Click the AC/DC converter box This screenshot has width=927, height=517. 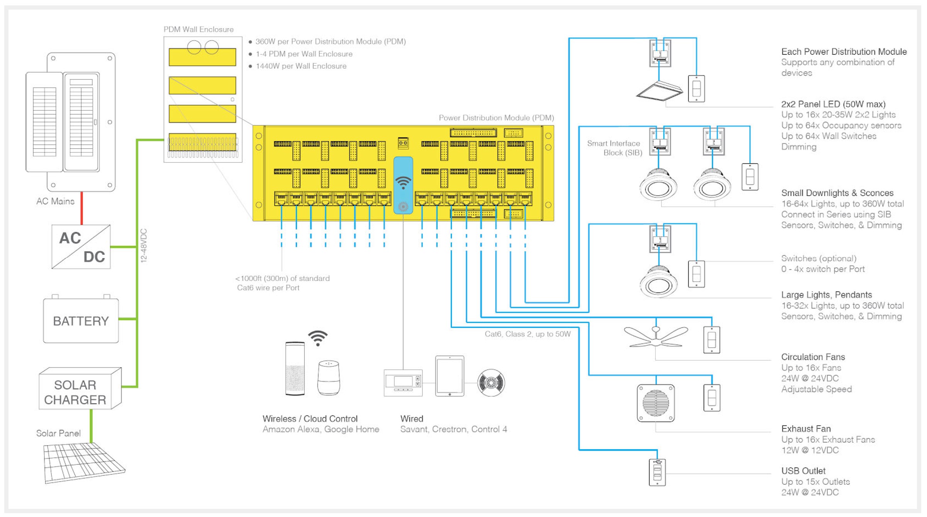(x=81, y=247)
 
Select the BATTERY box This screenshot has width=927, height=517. (x=81, y=320)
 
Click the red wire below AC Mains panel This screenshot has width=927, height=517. (x=81, y=208)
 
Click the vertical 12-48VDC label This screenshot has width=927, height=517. (x=144, y=246)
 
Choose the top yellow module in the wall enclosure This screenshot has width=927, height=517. (x=202, y=57)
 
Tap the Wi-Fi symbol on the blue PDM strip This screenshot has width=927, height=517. (x=403, y=182)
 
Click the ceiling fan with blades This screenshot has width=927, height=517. (x=656, y=337)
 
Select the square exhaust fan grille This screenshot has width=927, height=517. (x=656, y=403)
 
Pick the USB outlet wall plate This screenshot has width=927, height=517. (x=657, y=472)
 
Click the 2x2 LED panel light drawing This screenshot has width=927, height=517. (x=659, y=91)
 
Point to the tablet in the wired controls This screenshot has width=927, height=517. (x=450, y=376)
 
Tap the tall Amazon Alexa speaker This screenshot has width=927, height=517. (x=295, y=369)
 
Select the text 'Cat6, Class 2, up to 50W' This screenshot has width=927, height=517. (x=528, y=334)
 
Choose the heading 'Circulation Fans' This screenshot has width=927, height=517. (x=813, y=357)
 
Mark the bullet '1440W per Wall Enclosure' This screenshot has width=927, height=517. (x=301, y=66)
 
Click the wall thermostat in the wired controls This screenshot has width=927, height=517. (x=403, y=383)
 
